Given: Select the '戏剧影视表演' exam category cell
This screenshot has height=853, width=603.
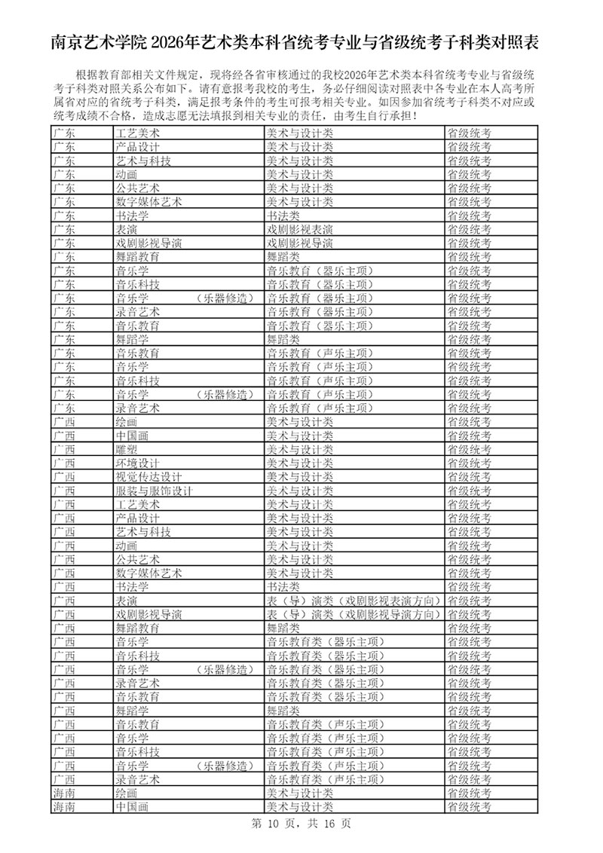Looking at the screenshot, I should click(300, 229).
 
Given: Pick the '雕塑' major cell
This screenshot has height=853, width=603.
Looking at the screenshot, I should click(126, 449).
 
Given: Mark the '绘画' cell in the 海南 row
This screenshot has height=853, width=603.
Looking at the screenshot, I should click(126, 793).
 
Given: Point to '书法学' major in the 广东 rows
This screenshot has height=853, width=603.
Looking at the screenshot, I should click(132, 216).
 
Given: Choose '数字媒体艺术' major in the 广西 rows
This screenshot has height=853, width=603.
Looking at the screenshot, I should click(148, 573).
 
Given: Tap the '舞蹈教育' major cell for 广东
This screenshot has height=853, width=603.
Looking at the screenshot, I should click(137, 257).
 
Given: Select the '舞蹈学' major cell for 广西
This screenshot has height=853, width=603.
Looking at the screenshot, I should click(132, 711).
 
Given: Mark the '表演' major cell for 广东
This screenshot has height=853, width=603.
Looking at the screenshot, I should click(126, 229).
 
